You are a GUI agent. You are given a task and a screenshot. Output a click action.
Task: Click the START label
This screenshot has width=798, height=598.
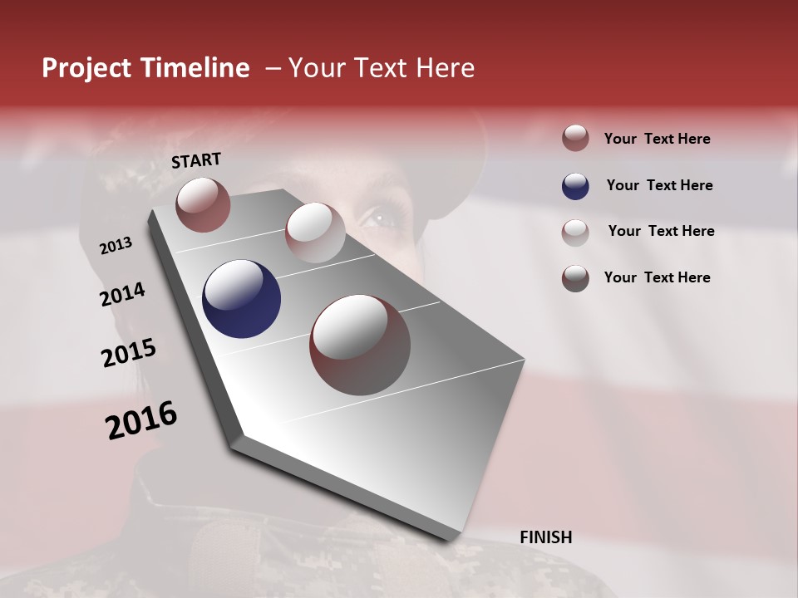(196, 160)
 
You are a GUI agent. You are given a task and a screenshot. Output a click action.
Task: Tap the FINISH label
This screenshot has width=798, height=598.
(545, 537)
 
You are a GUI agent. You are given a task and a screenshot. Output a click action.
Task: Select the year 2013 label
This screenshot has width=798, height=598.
(116, 246)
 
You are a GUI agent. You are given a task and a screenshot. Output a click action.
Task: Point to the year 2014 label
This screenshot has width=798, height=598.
(122, 295)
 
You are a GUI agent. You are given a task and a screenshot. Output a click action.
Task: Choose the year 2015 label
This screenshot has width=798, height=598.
(128, 353)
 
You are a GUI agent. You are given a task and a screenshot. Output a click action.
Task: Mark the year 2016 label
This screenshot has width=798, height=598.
(141, 420)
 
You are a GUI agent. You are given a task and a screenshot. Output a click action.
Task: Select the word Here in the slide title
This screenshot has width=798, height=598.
(445, 68)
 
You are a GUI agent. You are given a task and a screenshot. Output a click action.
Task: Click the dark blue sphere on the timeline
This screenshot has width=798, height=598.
(241, 299)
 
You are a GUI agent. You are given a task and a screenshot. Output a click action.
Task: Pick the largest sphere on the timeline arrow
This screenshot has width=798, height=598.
(359, 345)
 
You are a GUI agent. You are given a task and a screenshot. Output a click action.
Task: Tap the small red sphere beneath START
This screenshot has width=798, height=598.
(203, 204)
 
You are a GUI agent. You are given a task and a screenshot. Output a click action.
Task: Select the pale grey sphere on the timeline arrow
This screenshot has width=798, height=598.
(314, 233)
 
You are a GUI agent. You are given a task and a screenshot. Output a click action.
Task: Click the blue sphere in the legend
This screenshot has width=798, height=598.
(575, 186)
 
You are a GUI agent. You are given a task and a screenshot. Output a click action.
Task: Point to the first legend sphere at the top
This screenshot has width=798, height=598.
(575, 139)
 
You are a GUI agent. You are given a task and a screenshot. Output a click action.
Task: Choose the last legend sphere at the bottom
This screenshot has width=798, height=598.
(575, 278)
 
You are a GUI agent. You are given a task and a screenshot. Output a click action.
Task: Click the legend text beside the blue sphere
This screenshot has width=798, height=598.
(659, 185)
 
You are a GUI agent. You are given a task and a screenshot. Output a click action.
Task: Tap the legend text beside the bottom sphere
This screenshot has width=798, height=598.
(657, 277)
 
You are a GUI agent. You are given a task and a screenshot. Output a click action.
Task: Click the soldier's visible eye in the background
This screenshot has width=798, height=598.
(382, 218)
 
